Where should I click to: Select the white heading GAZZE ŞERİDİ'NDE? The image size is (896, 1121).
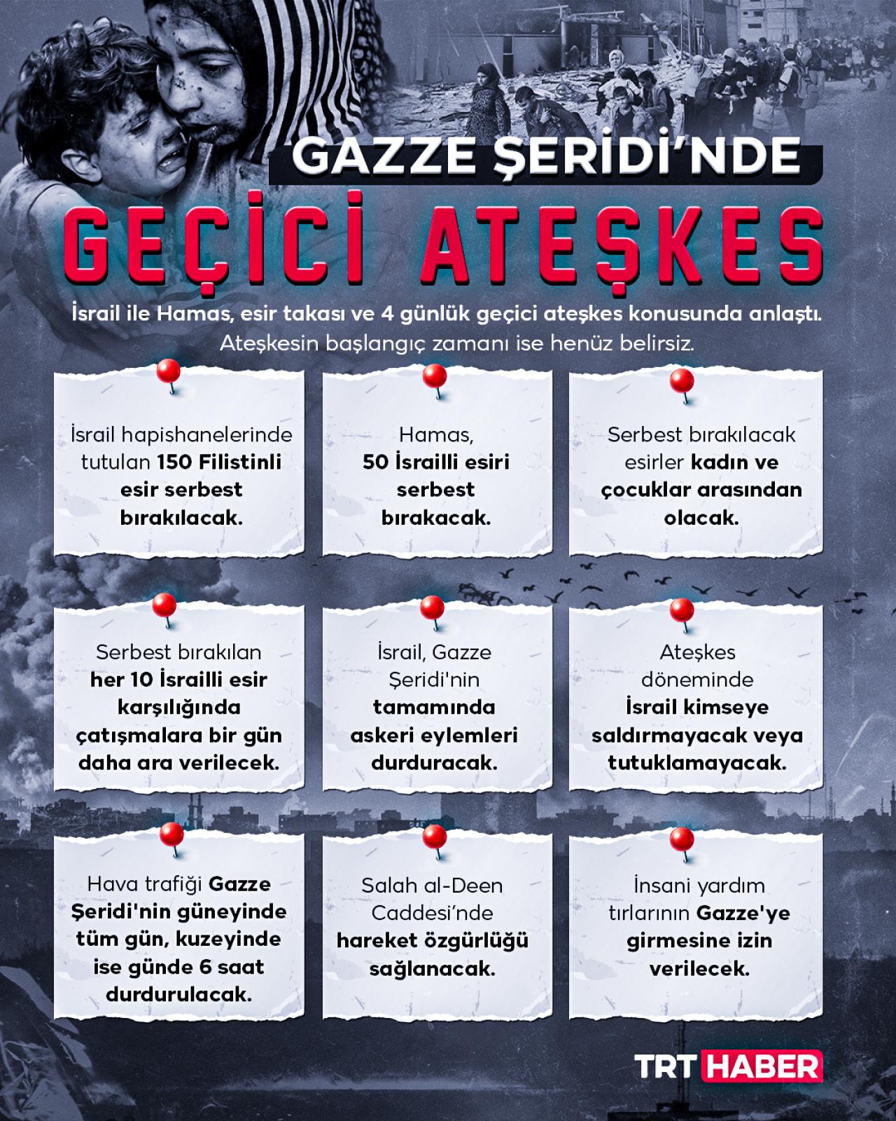click(x=546, y=157)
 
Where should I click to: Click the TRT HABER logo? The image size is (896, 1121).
click(x=728, y=1066)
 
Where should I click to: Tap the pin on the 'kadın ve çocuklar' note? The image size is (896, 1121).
click(x=682, y=382)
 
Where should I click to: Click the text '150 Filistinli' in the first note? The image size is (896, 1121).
click(x=219, y=462)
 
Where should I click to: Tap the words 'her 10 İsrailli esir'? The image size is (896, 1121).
click(x=178, y=680)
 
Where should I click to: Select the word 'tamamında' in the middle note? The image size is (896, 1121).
click(x=434, y=707)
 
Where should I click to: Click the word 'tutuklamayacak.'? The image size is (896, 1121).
click(x=697, y=762)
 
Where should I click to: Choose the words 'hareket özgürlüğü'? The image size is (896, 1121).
click(x=433, y=940)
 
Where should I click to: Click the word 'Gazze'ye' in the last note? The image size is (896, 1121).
click(x=743, y=913)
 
